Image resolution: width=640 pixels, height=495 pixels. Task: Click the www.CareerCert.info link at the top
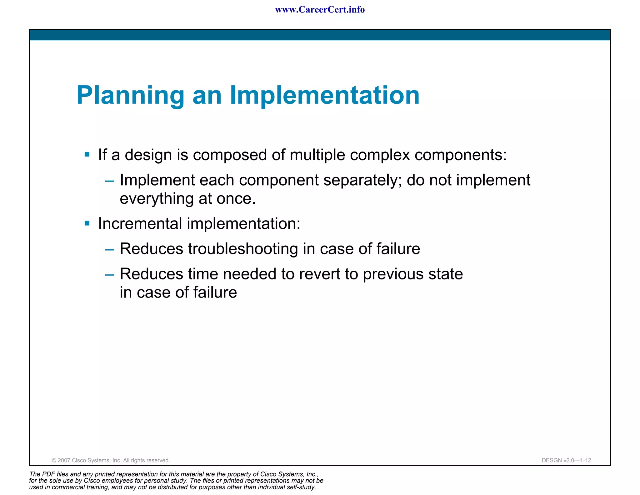coord(320,10)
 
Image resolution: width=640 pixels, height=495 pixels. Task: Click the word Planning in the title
coord(131,95)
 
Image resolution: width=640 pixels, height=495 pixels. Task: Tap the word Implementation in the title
coord(325,95)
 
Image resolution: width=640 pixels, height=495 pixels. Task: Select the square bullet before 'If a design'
coord(87,155)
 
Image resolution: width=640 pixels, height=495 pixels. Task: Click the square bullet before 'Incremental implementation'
coord(87,223)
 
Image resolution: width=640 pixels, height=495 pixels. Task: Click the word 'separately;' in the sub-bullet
coord(362,180)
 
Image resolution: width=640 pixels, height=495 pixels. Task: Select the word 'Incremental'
coord(140,224)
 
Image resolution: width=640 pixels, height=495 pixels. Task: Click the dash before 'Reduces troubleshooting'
coord(110,250)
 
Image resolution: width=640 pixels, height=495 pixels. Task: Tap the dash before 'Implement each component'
coord(110,181)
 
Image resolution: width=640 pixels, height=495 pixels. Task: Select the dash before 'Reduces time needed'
coord(110,275)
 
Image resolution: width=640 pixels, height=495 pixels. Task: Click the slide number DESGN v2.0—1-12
coord(566,460)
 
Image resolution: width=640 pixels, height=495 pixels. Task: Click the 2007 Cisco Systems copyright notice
coord(111,460)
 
